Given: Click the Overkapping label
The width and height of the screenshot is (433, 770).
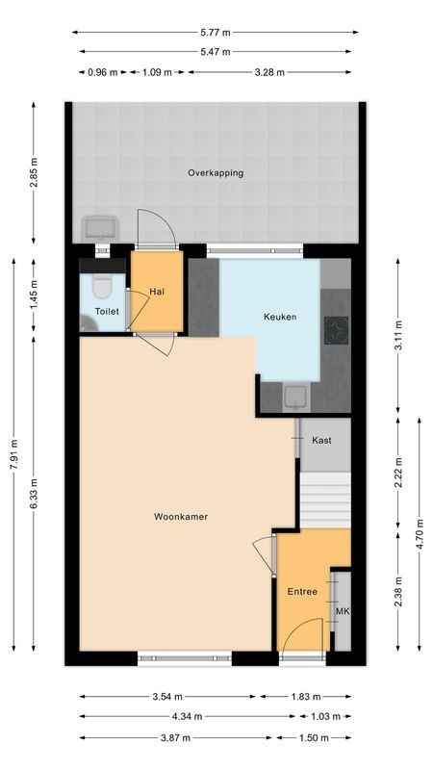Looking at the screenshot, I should click(216, 173).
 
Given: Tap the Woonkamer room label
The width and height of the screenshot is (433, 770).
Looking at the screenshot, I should click(181, 517).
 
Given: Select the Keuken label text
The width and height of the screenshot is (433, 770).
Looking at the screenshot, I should click(280, 317).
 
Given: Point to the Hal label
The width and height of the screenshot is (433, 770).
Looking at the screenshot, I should click(156, 291).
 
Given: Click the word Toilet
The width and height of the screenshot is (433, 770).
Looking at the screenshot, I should click(107, 312).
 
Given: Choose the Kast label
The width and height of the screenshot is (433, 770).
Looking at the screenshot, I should click(321, 440).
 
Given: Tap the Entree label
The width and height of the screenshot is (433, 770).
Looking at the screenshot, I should click(301, 591).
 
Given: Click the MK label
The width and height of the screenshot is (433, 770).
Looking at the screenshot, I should click(341, 611).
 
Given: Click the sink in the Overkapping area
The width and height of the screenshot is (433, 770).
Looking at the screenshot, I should click(99, 228).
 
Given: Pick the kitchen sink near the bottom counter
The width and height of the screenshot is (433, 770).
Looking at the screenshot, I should click(296, 395).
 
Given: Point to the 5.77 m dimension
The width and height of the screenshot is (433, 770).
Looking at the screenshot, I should click(216, 33).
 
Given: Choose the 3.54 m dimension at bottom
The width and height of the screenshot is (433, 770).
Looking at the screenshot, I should click(167, 696).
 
